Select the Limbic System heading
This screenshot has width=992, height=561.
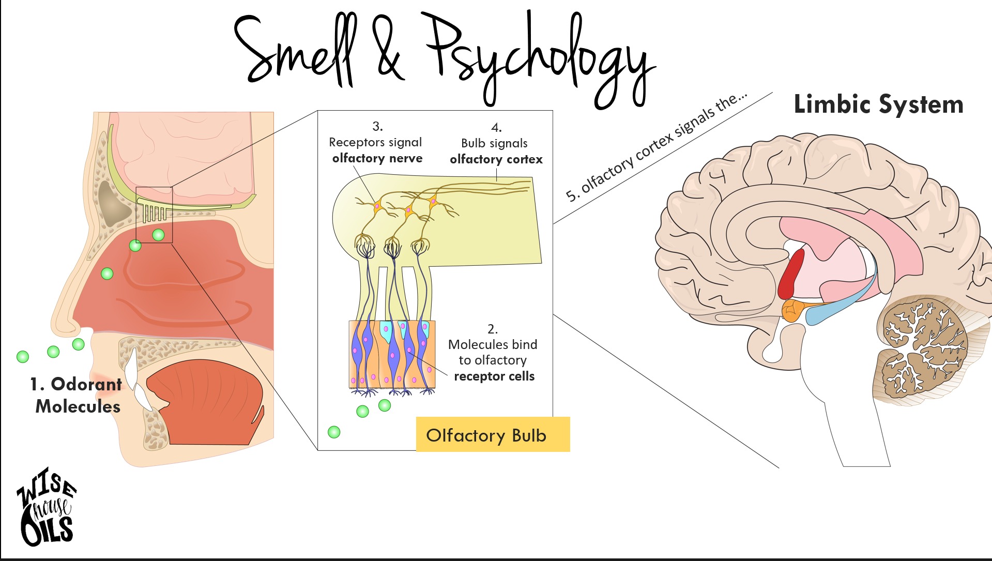[x=878, y=104]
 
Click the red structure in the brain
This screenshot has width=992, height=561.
[x=791, y=274]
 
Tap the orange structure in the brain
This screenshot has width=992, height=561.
[x=792, y=310]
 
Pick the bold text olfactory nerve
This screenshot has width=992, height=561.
[x=377, y=158]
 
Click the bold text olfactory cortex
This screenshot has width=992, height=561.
[x=496, y=159]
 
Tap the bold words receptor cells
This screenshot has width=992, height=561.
[x=494, y=376]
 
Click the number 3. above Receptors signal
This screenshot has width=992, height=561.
[x=377, y=126]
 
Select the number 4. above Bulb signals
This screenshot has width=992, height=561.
[x=496, y=127]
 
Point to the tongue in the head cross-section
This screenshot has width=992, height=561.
[x=207, y=398]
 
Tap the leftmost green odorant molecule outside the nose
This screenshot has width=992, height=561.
[x=23, y=356]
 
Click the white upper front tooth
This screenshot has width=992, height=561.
[x=131, y=365]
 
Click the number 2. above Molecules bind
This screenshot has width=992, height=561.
[x=493, y=329]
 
